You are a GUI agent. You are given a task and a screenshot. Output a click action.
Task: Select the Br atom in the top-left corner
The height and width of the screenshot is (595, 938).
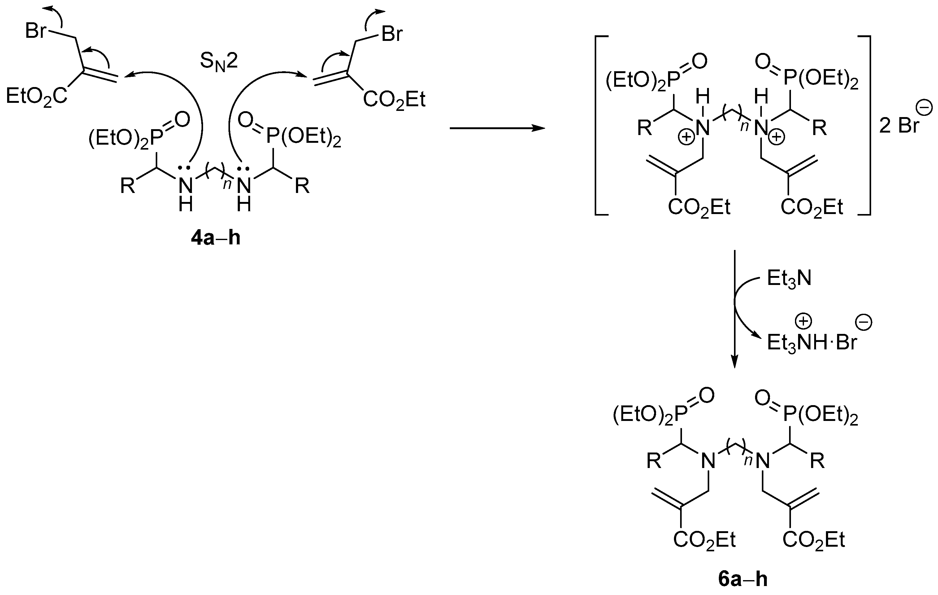coord(36,30)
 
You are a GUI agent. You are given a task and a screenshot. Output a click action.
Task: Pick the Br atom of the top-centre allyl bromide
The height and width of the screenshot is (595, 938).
coord(392,33)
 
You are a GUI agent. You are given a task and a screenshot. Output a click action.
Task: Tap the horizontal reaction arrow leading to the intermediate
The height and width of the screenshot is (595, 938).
coord(497,128)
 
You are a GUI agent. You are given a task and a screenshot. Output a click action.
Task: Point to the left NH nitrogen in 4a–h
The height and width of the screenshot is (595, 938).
coord(186,186)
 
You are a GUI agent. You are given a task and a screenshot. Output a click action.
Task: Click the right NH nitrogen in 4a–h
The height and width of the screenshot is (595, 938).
coord(244,186)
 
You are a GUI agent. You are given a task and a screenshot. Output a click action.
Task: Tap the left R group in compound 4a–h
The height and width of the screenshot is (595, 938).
coord(127,186)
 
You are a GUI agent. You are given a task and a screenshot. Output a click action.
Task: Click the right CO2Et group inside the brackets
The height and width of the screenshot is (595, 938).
coord(812,207)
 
